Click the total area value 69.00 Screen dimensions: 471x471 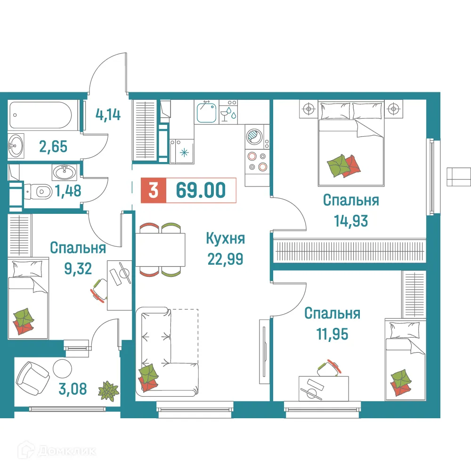point(201,191)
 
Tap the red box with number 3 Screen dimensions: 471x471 point(153,191)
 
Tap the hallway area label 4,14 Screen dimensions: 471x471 point(108,114)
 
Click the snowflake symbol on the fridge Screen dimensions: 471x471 point(184,152)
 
